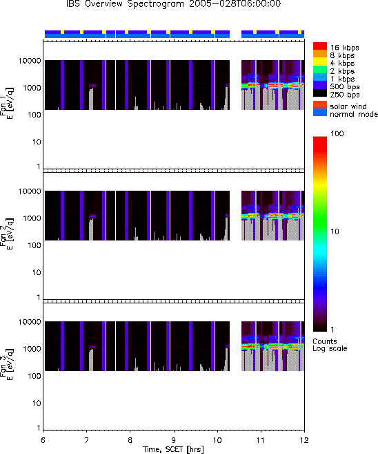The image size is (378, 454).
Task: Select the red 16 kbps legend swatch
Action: coord(320,46)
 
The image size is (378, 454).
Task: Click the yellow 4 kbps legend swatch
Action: coord(320,62)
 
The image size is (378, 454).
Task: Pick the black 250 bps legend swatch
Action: coord(320,93)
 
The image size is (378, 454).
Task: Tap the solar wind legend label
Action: coord(348,106)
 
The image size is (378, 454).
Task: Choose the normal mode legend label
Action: coord(354,114)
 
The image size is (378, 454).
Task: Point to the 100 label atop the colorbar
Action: coord(337,133)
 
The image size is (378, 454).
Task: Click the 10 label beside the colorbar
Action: coord(335,231)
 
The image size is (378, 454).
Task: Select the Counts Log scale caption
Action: coord(330,345)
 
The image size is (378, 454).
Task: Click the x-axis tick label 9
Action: coord(174,440)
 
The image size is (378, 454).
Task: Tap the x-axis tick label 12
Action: coord(304,440)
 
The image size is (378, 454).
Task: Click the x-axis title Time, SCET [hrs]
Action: coord(173,449)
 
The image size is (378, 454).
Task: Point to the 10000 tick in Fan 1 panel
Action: coord(30,61)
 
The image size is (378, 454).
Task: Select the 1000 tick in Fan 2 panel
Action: coord(32,218)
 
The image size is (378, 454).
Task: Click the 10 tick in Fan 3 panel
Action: coord(37,403)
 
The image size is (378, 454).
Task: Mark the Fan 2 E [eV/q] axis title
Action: coord(7,233)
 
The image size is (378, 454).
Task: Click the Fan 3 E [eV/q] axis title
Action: coord(7,364)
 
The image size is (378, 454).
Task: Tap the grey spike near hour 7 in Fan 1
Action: coord(91,99)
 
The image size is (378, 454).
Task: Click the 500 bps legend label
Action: coord(345,86)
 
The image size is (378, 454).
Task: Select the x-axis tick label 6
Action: coord(43,440)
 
